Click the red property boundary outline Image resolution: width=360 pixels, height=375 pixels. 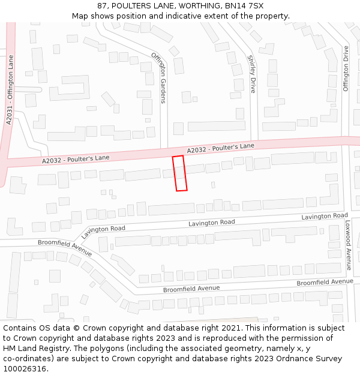(180, 173)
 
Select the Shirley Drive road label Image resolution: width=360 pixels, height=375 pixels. (252, 74)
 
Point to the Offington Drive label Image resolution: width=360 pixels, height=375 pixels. (346, 69)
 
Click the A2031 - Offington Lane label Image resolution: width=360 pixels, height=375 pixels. (9, 90)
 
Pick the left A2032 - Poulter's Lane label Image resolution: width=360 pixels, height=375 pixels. (76, 159)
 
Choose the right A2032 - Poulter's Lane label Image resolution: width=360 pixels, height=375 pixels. (221, 148)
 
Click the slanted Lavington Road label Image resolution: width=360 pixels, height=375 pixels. (103, 232)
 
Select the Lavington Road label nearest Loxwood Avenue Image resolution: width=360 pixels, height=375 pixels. (325, 216)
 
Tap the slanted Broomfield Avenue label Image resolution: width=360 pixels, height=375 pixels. (65, 248)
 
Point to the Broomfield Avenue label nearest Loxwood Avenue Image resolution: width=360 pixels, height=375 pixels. (325, 282)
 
